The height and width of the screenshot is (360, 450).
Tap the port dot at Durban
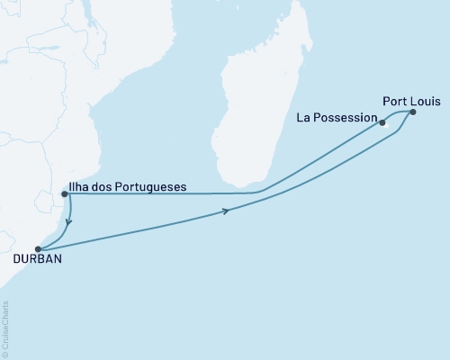click(37, 249)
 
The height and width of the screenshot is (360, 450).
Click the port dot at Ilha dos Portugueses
click(63, 193)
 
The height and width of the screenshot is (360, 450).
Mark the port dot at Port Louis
click(413, 112)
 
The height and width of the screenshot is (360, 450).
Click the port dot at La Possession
click(382, 122)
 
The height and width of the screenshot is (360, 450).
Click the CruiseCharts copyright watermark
click(5, 328)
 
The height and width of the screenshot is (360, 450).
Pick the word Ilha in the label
click(80, 188)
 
